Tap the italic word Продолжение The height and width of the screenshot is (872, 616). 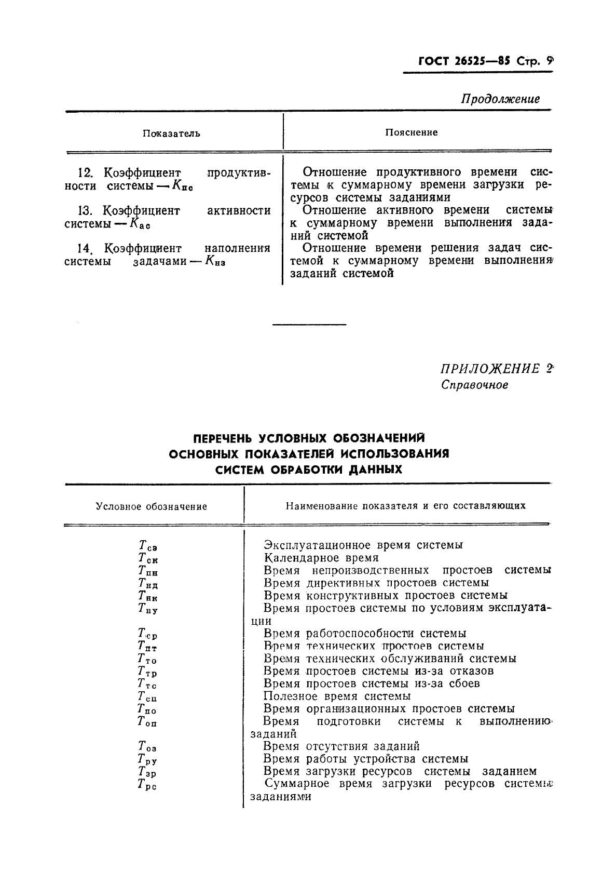point(500,99)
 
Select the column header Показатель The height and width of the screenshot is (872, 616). point(171,133)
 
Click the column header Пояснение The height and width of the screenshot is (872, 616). point(411,132)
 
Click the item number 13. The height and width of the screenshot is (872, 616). point(85,211)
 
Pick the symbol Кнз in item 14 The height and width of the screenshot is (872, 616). point(215,262)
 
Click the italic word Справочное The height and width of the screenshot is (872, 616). point(474,385)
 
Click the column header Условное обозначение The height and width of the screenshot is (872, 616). point(152,506)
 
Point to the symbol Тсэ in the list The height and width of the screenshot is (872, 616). point(148,546)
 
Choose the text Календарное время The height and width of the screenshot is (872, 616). point(321,558)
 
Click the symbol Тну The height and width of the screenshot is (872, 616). point(148,609)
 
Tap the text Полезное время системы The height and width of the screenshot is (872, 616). point(337,696)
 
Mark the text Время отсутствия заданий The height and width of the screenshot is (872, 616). point(341,746)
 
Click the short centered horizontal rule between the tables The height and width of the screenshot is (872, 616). point(309,325)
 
